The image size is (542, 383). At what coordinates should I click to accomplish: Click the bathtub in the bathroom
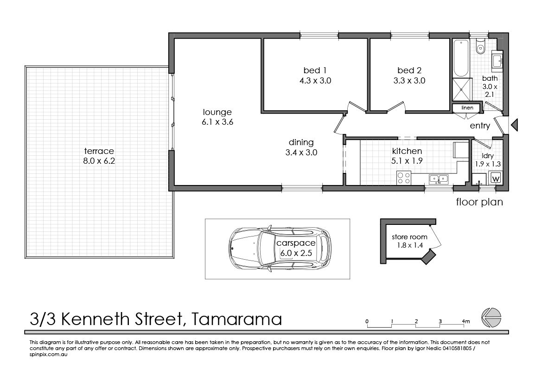[x=461, y=58]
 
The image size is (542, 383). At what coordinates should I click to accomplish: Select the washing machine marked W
[x=496, y=179]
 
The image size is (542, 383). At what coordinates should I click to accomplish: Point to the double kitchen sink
[x=439, y=179]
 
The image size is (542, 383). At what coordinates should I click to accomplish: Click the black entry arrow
[x=515, y=125]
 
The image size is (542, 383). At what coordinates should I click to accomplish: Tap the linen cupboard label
[x=467, y=108]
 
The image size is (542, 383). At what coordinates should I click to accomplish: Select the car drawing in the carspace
[x=280, y=248]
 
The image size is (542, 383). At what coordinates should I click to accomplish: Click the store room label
[x=409, y=237]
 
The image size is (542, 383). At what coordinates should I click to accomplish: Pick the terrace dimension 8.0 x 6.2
[x=99, y=161]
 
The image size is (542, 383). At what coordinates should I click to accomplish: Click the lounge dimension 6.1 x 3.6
[x=217, y=122]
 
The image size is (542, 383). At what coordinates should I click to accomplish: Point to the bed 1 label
[x=315, y=70]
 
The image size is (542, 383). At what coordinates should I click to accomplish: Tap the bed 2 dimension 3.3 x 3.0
[x=409, y=81]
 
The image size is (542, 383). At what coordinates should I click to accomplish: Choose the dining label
[x=301, y=142]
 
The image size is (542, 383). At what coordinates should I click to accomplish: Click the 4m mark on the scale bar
[x=465, y=321]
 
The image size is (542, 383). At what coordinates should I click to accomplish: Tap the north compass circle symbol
[x=491, y=317]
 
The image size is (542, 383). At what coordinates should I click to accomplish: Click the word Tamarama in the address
[x=236, y=319]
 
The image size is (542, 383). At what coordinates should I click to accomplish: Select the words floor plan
[x=479, y=202]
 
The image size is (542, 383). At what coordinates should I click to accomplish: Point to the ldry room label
[x=487, y=156]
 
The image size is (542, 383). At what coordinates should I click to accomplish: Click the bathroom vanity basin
[x=497, y=60]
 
